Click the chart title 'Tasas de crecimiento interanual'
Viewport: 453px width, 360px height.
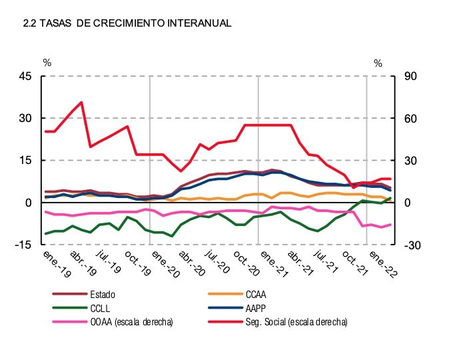[x=127, y=23]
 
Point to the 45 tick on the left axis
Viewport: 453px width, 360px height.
[x=25, y=76]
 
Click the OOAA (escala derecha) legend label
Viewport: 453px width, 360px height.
[x=131, y=322]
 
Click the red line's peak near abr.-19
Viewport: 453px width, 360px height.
[x=81, y=102]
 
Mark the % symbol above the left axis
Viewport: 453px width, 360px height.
[x=47, y=63]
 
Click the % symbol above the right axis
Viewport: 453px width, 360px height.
[x=378, y=63]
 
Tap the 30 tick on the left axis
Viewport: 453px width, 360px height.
[x=25, y=118]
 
